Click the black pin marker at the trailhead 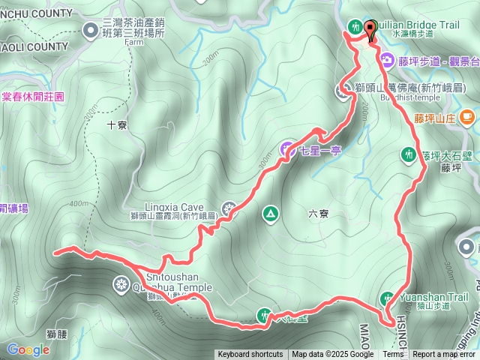point(370,31)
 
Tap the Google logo point(28,349)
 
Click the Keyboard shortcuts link point(250,355)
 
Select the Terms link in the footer point(392,355)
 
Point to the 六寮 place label point(318,213)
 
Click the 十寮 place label point(117,125)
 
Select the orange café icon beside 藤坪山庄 point(467,116)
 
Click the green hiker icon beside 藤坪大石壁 point(408,155)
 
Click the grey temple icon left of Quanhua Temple point(120,283)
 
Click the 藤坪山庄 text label point(435,118)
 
